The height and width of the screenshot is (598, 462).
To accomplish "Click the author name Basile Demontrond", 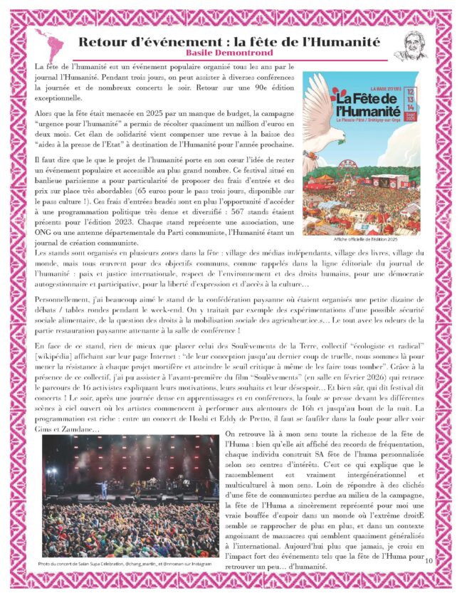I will pos(229,53).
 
